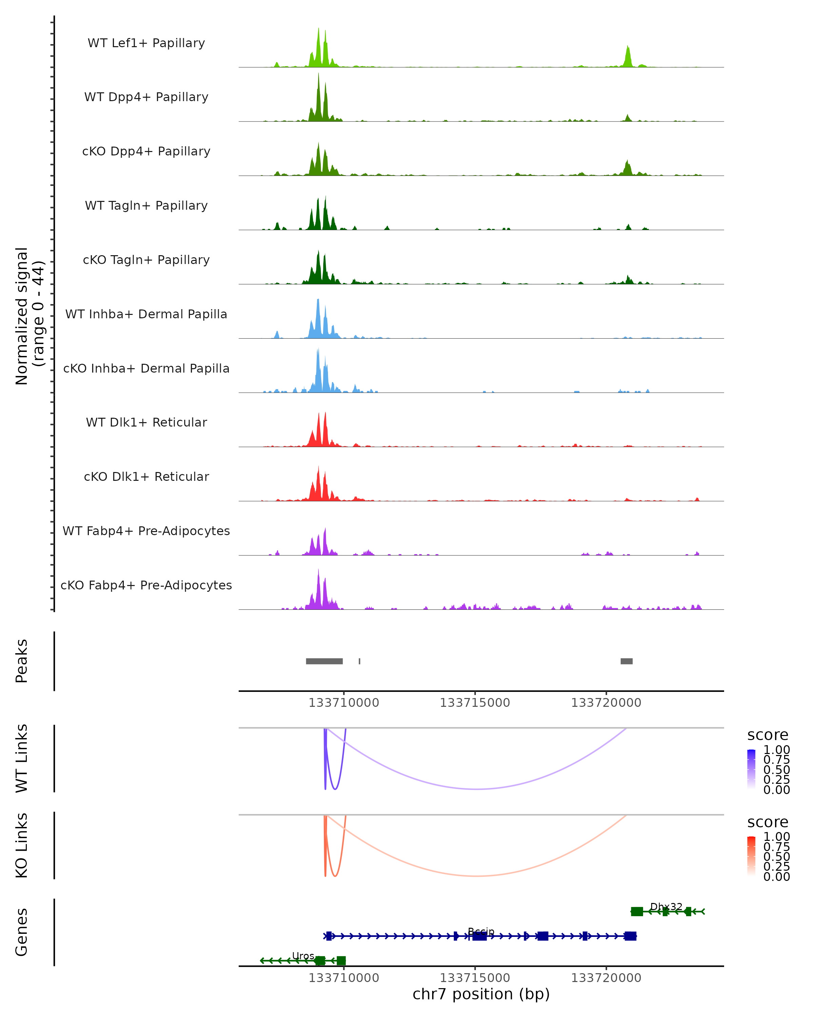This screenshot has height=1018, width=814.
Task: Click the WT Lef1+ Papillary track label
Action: coord(146,43)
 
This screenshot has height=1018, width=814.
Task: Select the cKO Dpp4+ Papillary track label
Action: coord(146,152)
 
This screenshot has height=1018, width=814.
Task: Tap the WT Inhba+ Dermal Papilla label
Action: coord(146,315)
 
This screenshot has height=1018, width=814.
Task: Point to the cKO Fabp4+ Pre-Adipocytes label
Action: coord(146,585)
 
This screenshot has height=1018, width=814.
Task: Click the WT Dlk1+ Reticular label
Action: coord(146,422)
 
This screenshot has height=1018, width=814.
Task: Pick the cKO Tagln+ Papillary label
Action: coord(146,260)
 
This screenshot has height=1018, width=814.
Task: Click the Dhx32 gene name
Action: coord(666,907)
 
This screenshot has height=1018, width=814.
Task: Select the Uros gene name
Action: coord(303,956)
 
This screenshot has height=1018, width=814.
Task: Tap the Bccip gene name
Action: coord(481,931)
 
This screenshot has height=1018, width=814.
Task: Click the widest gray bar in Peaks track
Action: coord(324,661)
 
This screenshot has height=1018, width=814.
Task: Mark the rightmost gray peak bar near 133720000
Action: coord(626,661)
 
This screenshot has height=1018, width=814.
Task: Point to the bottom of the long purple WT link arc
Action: coord(478,789)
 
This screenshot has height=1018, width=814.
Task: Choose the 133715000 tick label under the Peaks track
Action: coord(475,703)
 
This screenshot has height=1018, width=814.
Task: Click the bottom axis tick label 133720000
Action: coord(606,978)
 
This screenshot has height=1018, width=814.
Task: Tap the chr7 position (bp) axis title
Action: coord(481,994)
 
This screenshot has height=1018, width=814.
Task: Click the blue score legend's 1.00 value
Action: coord(776,750)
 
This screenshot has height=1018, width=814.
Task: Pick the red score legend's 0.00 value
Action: coord(776,877)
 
